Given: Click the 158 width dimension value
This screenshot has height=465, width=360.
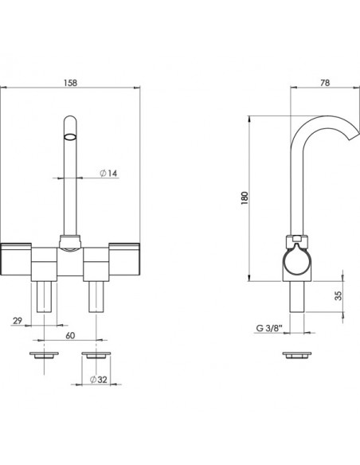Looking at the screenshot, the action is [x=70, y=83].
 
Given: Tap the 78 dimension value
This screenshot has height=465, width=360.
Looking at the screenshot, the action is [x=325, y=83].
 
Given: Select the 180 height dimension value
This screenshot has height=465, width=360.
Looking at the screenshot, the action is [x=245, y=198].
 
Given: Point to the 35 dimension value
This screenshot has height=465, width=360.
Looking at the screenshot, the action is [x=338, y=295].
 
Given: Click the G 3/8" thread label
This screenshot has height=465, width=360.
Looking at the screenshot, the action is [x=269, y=328].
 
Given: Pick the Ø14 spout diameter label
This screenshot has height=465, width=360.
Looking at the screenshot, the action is [x=108, y=174].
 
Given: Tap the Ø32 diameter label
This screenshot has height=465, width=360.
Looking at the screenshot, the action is [x=99, y=379].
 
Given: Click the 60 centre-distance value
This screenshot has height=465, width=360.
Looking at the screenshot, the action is [x=70, y=335].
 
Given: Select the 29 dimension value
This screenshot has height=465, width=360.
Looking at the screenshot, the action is [x=18, y=321].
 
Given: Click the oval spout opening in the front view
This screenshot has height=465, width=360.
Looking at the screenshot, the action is [x=70, y=137].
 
